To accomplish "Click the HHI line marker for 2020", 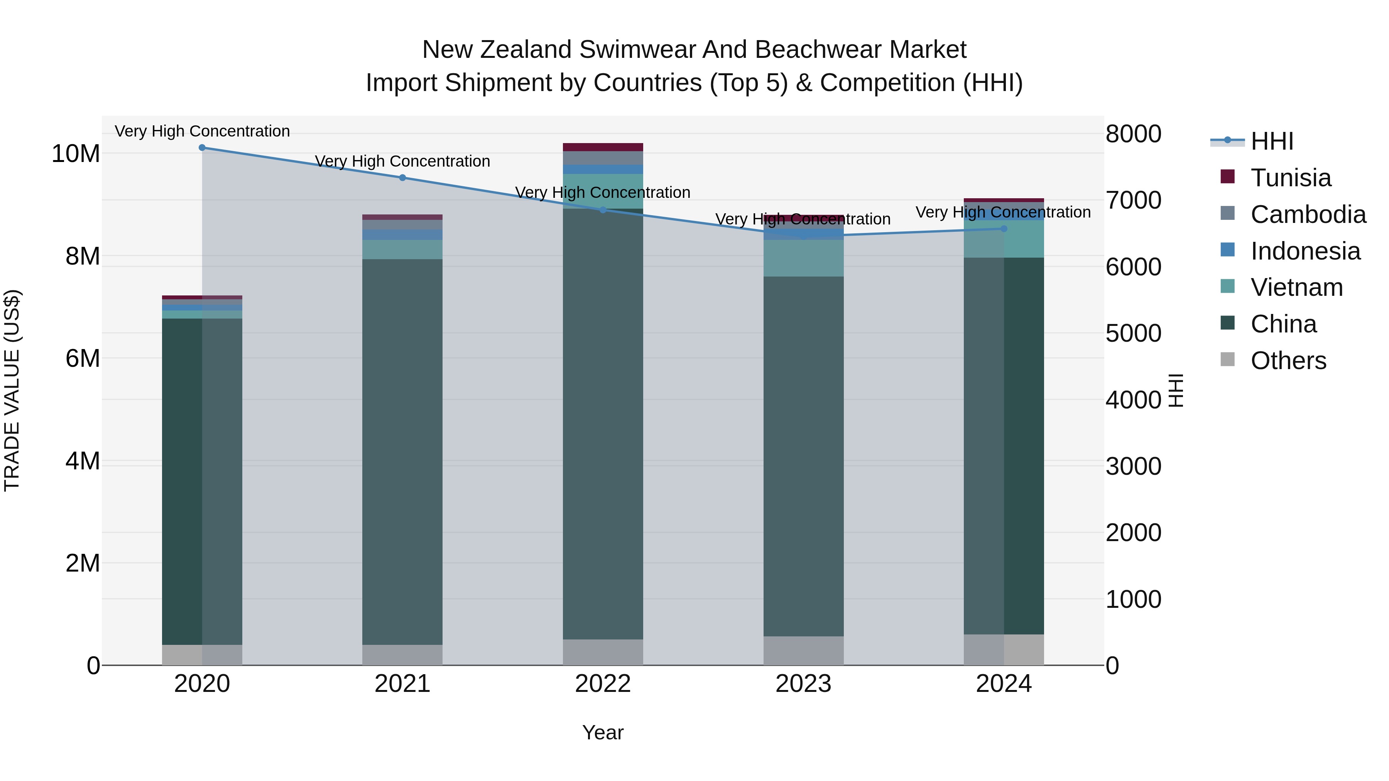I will tap(202, 148).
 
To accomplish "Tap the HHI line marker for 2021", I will tap(402, 178).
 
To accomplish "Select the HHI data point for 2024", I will tap(1004, 229).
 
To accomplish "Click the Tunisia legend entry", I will tap(1290, 178).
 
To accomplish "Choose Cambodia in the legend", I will tap(1308, 214).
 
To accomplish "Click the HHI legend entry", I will tap(1271, 141).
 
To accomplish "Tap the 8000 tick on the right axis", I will tap(1133, 134).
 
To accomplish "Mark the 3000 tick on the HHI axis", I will tap(1133, 467).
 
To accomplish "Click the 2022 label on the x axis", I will tap(602, 684).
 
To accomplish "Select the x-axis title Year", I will tap(602, 732).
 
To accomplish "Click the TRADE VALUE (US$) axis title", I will tap(12, 390).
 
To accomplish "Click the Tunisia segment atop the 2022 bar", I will tap(602, 147).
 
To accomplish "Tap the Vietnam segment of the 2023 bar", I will tap(803, 258).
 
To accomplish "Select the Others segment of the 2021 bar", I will tap(402, 654).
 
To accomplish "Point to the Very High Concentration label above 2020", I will tap(202, 132).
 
